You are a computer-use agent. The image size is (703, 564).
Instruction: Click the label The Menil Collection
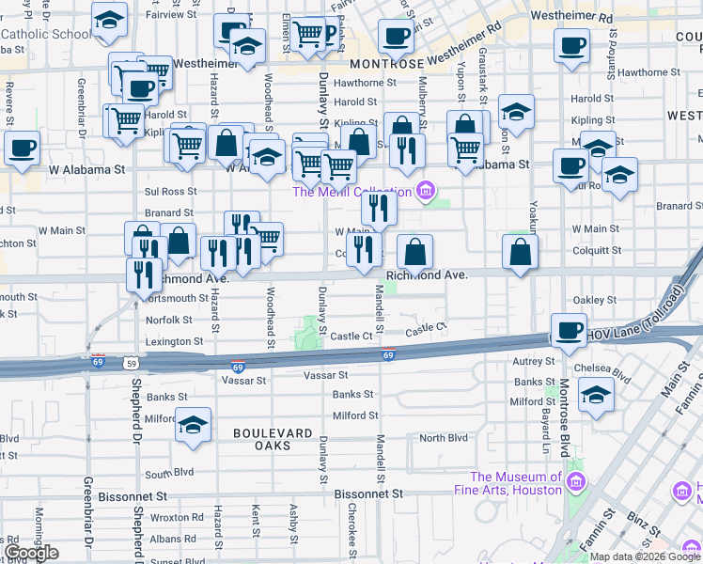(x=351, y=192)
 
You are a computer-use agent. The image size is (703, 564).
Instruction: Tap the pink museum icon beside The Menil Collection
(x=427, y=192)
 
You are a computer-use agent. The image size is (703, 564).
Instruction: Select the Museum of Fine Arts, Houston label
(x=516, y=483)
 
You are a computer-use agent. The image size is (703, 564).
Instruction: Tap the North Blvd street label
(x=444, y=438)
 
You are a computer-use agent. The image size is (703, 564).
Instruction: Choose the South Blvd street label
(x=169, y=472)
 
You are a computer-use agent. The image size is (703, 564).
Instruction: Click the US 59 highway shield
(x=130, y=362)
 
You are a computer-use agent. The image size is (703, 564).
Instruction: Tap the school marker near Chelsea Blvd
(x=597, y=395)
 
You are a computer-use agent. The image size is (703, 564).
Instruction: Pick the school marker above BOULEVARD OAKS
(x=193, y=425)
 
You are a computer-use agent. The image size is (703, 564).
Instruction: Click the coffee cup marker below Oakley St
(x=569, y=330)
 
